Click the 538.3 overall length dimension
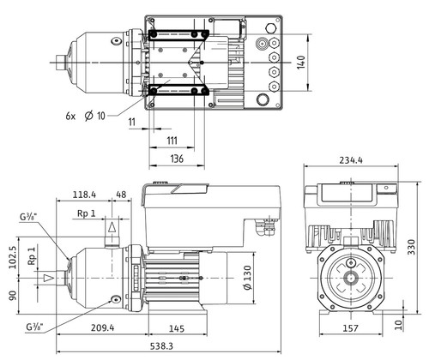pos(161,346)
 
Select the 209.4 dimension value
pos(102,327)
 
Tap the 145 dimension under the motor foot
pos(177,328)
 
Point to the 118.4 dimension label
pos(84,195)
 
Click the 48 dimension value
pos(121,195)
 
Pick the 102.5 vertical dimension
pos(13,257)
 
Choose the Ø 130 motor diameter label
pos(248,278)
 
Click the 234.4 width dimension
pos(351,160)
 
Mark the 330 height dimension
pos(411,247)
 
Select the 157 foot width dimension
pos(350,328)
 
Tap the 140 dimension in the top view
pos(301,63)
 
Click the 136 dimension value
pos(177,159)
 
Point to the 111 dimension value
pos(172,141)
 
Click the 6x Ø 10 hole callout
pos(85,116)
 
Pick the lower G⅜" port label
pos(34,327)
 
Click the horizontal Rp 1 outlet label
pos(87,213)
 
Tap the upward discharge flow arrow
pos(112,227)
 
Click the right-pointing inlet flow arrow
pos(49,278)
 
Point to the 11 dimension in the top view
pos(131,122)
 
